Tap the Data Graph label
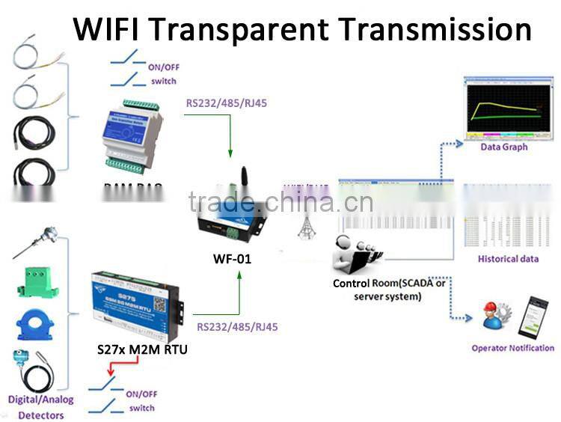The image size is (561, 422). point(503,147)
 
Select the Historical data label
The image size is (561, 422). point(508,259)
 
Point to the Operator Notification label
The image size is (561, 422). point(512,348)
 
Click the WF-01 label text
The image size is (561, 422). point(233,261)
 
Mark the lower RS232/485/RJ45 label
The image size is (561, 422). point(237,327)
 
